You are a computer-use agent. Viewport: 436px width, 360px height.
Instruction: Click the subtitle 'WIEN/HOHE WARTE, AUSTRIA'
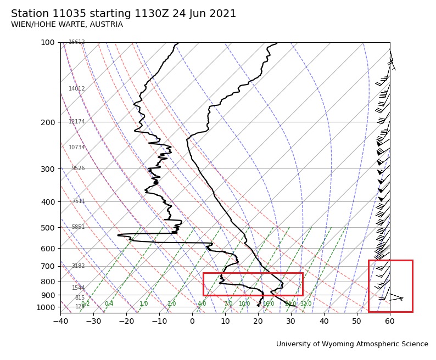(x=67, y=25)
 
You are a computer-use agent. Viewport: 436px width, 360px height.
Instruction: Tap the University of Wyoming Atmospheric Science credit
(x=352, y=344)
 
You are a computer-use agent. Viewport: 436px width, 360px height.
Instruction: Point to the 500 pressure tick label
(x=48, y=228)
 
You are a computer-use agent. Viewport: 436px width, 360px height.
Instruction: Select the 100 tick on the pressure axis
(x=48, y=42)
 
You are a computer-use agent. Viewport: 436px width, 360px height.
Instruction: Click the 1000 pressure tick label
(x=46, y=307)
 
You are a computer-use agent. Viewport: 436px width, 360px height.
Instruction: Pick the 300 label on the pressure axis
(x=48, y=169)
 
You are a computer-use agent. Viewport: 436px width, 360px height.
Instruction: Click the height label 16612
(x=77, y=42)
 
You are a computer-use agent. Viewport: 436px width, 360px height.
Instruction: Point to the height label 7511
(x=79, y=201)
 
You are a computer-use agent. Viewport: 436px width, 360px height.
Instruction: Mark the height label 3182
(x=79, y=266)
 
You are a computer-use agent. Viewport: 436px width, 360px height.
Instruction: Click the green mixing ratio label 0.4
(x=109, y=304)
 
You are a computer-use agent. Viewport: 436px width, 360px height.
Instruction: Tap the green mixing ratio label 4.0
(x=202, y=304)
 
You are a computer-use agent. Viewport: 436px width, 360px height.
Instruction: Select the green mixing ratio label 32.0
(x=306, y=304)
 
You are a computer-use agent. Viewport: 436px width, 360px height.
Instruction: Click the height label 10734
(x=77, y=148)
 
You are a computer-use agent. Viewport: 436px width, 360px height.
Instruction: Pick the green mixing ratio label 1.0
(x=143, y=304)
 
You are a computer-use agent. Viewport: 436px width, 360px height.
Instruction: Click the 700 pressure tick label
(x=48, y=266)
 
